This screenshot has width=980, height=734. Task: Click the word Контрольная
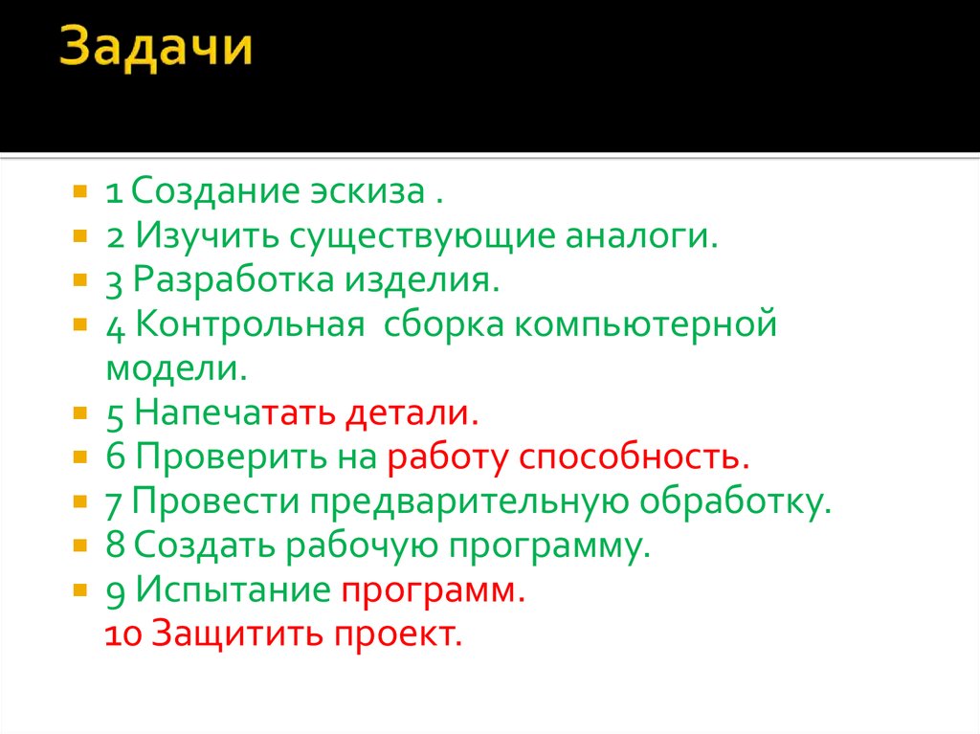pyautogui.click(x=250, y=324)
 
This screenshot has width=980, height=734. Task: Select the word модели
pyautogui.click(x=176, y=367)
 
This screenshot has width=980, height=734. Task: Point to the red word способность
pyautogui.click(x=633, y=457)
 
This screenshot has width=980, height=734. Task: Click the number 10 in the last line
pyautogui.click(x=122, y=634)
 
